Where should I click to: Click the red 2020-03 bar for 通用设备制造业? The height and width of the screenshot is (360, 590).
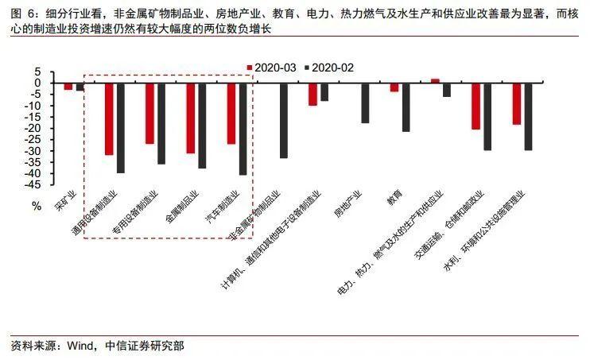[109, 118]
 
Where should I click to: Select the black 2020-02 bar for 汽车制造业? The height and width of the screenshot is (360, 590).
[243, 128]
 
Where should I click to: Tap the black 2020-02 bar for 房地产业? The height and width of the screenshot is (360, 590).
[365, 103]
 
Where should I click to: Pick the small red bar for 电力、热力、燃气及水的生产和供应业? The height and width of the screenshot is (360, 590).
[435, 80]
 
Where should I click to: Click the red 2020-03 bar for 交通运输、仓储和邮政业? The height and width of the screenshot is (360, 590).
[475, 106]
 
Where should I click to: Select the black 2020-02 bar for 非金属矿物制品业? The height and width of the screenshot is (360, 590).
[283, 120]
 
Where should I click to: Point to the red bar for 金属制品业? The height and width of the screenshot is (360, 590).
[190, 118]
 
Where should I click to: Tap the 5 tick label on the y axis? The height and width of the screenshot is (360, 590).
[37, 71]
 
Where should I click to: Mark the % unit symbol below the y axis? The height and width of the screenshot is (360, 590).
[36, 206]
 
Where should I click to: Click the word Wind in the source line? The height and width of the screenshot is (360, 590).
[83, 346]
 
